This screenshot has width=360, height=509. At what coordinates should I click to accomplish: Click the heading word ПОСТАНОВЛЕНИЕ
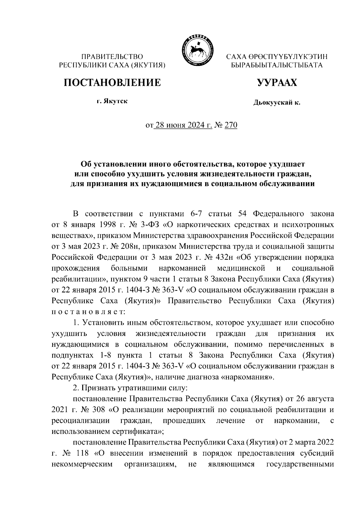112,82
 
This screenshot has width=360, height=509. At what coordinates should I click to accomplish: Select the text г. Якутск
112,101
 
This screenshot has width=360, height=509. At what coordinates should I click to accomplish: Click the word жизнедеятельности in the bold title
236,174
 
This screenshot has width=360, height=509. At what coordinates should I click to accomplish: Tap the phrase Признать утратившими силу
134,388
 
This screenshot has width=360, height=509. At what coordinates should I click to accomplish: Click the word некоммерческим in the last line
82,464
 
